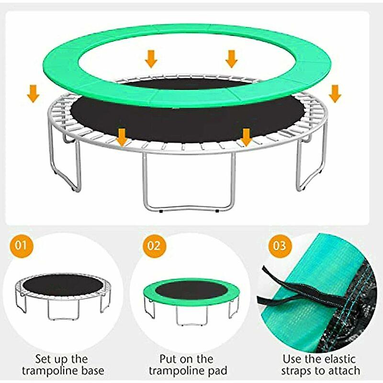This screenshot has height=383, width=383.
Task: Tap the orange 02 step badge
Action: pyautogui.click(x=154, y=246)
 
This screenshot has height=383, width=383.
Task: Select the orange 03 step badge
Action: pyautogui.click(x=280, y=246)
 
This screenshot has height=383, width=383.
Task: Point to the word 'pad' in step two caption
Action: pyautogui.click(x=216, y=371)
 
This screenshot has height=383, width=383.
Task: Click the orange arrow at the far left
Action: pyautogui.click(x=33, y=93)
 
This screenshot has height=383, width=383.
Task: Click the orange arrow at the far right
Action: pyautogui.click(x=335, y=93)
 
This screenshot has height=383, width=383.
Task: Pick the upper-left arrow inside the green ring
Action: pyautogui.click(x=151, y=58)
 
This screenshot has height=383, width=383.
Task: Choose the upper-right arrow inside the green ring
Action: pyautogui.click(x=232, y=58)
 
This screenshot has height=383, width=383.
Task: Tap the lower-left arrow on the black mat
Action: pyautogui.click(x=122, y=137)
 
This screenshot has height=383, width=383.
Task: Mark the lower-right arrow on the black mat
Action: pyautogui.click(x=246, y=137)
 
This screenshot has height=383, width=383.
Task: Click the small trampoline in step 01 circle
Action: pyautogui.click(x=64, y=294)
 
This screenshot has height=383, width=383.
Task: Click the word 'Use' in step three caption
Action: pyautogui.click(x=293, y=358)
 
